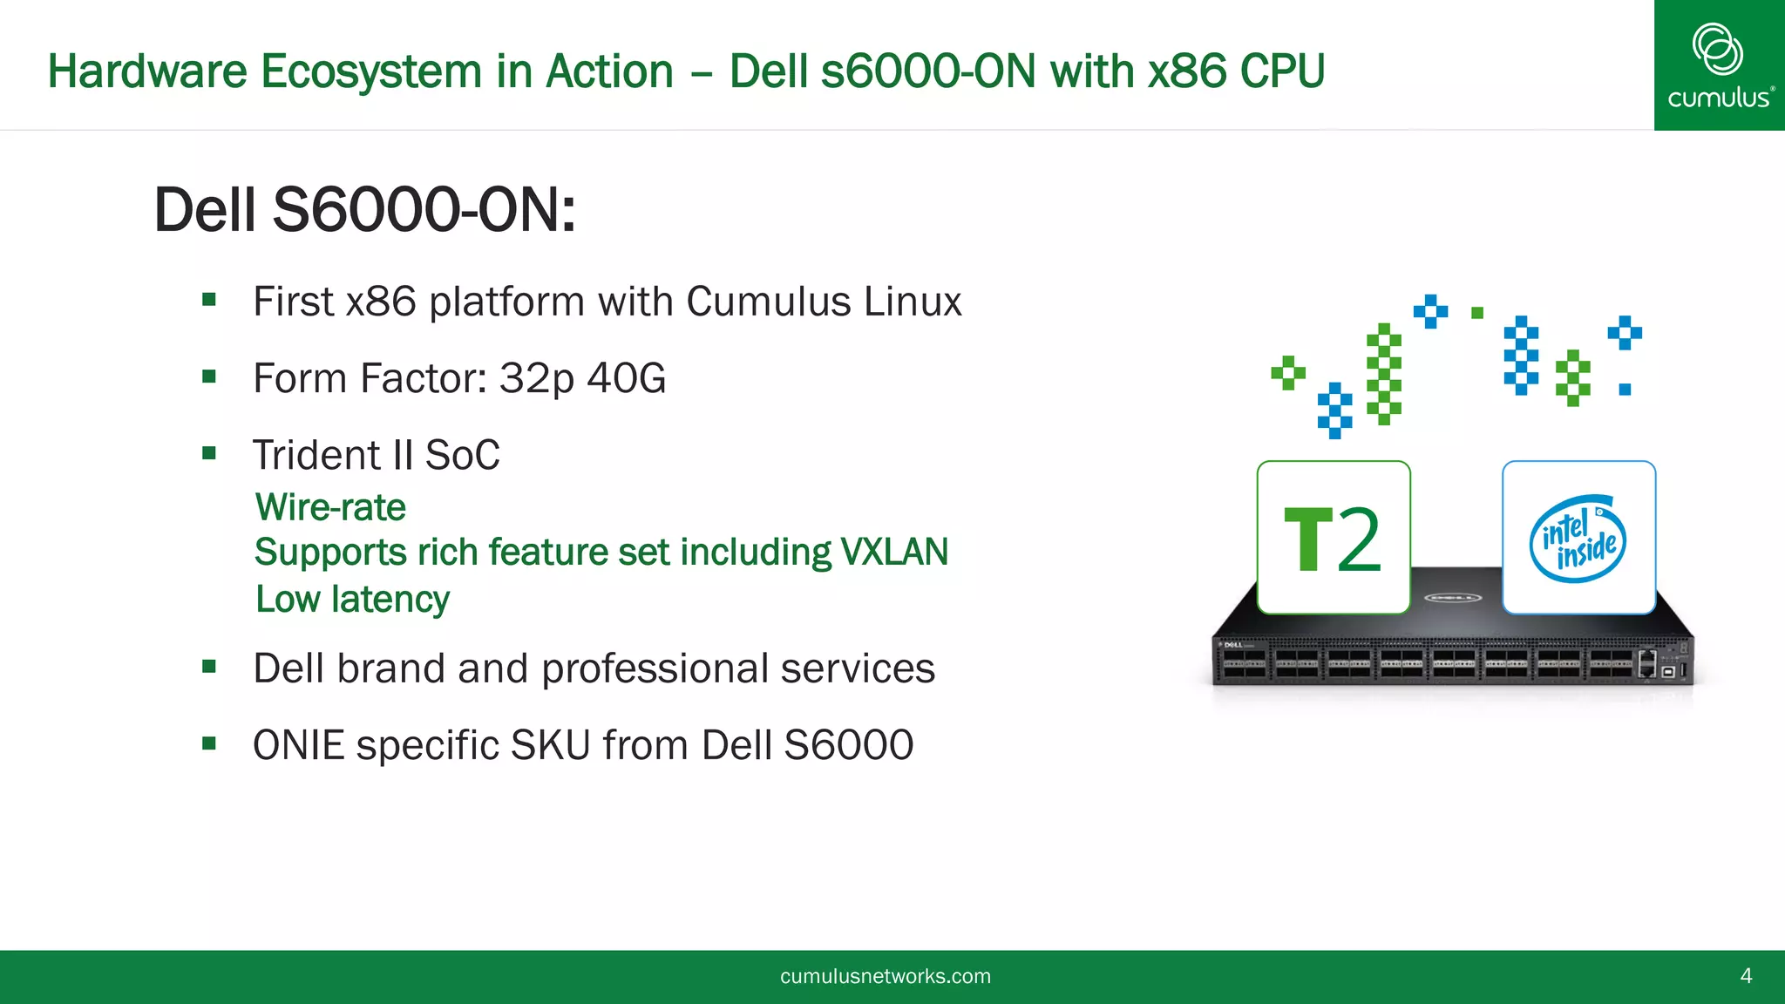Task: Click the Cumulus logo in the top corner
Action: coord(1719,65)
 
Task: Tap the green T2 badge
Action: coord(1334,538)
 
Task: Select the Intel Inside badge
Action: coord(1578,538)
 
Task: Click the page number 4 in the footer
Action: coord(1746,976)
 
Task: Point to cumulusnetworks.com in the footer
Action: coord(886,976)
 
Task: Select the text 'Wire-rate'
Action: coord(330,507)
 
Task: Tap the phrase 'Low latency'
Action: coord(352,600)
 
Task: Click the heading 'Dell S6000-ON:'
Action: coord(364,210)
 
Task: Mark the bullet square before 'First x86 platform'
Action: coord(209,301)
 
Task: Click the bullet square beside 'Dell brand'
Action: coord(209,668)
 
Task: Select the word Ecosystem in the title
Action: coord(371,71)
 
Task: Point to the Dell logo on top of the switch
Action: coord(1452,598)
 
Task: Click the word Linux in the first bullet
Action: coord(913,302)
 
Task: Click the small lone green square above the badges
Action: coord(1477,313)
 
